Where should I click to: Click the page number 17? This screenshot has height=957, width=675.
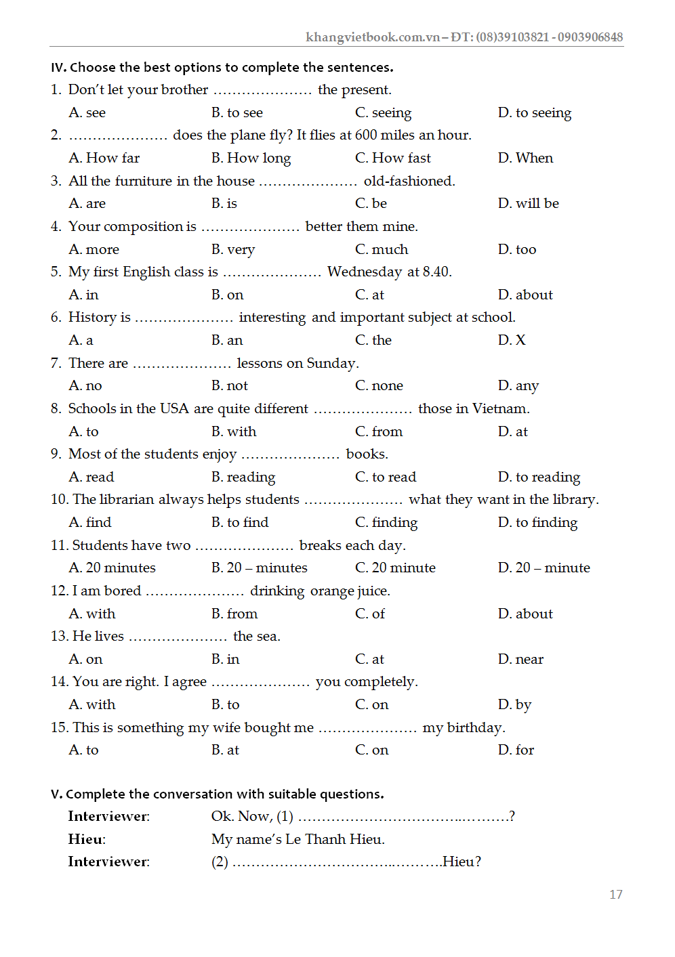tap(615, 895)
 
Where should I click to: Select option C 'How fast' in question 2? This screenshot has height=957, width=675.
tap(393, 158)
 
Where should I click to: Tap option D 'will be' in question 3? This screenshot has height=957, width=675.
tap(529, 204)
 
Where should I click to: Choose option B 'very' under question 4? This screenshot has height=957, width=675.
tap(233, 250)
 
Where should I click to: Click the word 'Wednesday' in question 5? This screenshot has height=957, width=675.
tap(365, 272)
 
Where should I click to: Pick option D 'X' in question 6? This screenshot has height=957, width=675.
tap(512, 341)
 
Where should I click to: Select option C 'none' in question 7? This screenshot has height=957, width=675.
tap(379, 386)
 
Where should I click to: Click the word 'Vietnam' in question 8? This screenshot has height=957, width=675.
tap(500, 409)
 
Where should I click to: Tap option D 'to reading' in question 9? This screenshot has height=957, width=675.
tap(539, 477)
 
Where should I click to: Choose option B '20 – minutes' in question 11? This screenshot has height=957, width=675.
tap(260, 568)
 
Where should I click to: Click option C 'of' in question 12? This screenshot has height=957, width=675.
tap(370, 614)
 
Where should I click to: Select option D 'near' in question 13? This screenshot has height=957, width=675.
tap(520, 660)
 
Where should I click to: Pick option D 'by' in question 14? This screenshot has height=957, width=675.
tap(515, 705)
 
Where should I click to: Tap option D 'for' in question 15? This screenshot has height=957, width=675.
tap(516, 750)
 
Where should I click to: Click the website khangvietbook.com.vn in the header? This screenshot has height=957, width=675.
tap(373, 37)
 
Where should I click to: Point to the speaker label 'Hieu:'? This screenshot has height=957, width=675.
tap(87, 840)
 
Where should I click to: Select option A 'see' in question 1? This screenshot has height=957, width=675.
tap(87, 113)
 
